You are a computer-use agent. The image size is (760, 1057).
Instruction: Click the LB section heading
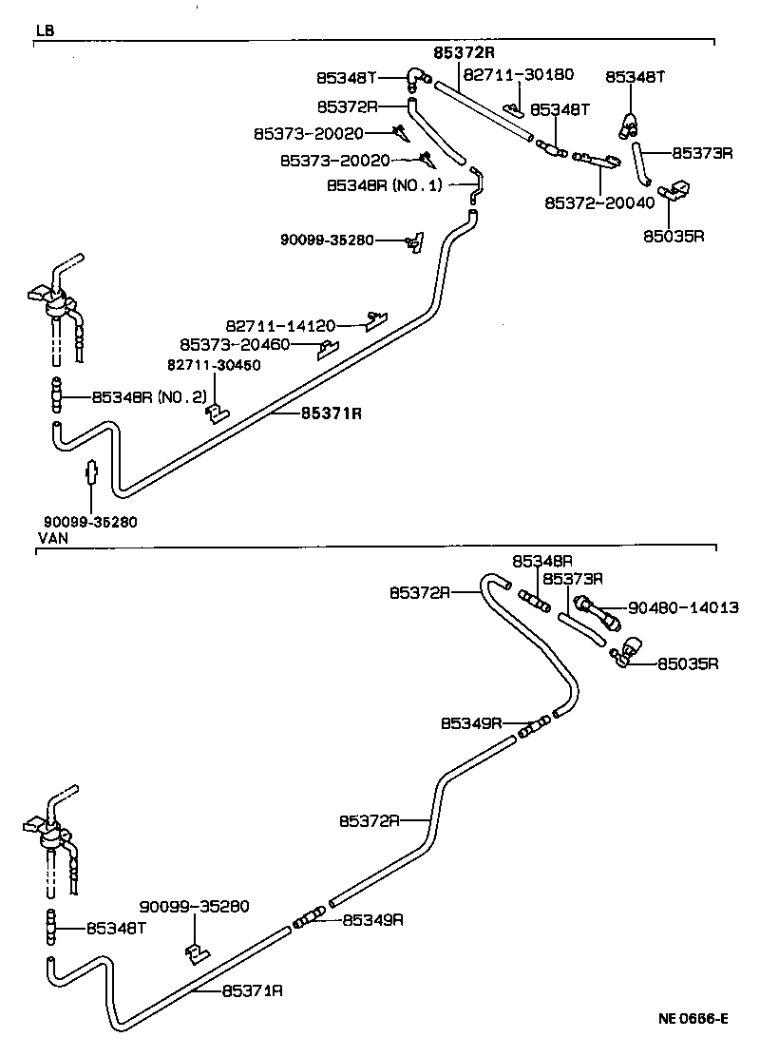(45, 30)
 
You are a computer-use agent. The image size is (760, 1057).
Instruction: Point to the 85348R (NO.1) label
(385, 184)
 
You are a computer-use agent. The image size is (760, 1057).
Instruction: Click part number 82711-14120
(280, 324)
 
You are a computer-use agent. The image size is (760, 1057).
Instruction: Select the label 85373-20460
(235, 343)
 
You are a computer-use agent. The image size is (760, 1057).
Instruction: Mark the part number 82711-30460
(215, 364)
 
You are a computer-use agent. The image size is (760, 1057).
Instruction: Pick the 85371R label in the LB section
(332, 413)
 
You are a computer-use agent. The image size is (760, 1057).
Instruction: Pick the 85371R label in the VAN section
(253, 990)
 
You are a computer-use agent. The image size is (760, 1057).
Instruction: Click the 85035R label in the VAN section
(689, 663)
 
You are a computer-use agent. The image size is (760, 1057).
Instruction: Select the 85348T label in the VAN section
(116, 927)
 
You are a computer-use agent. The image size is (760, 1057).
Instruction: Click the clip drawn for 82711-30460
(218, 412)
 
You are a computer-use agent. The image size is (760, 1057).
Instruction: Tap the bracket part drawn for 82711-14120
(377, 319)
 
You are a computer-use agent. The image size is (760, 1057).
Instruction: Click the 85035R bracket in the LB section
(675, 193)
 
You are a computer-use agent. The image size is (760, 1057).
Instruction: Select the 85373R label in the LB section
(702, 152)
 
